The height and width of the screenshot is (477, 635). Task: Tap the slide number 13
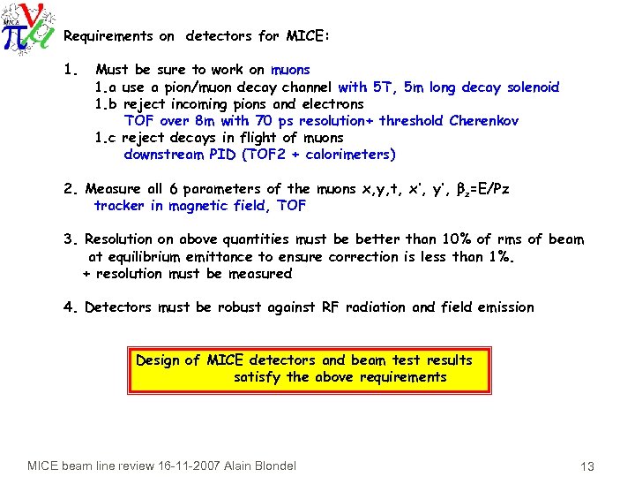pyautogui.click(x=589, y=466)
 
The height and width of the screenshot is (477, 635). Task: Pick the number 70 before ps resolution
pyautogui.click(x=263, y=121)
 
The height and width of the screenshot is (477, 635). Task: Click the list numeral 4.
pyautogui.click(x=69, y=307)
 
